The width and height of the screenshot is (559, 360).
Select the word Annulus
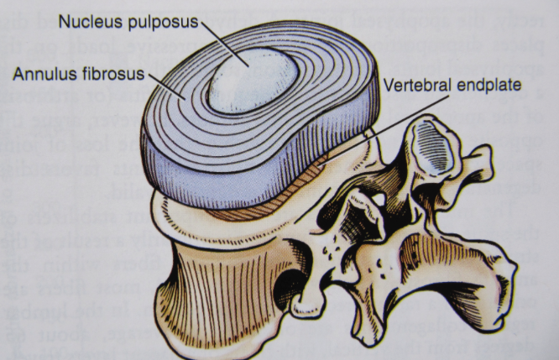pyautogui.click(x=39, y=76)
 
